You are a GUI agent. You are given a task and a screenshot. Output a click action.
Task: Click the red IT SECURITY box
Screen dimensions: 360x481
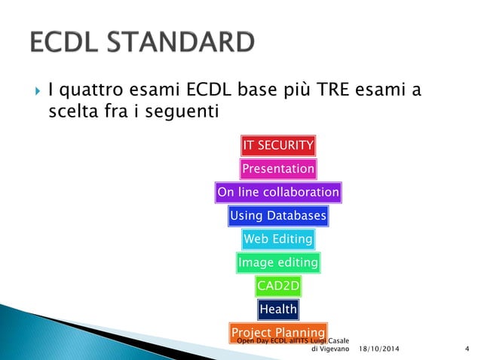point(278,145)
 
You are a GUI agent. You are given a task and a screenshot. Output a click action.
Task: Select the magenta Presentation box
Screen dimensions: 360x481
point(277,169)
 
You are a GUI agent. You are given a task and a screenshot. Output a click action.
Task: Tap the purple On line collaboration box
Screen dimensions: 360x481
point(277,193)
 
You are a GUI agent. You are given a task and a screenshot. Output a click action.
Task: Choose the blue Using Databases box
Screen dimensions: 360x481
point(277,216)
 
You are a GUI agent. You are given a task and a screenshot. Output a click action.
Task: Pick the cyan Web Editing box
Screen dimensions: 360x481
point(277,239)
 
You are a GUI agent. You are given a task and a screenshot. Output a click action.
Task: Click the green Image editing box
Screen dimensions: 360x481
point(277,263)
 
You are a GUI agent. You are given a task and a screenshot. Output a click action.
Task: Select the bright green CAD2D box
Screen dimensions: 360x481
point(277,286)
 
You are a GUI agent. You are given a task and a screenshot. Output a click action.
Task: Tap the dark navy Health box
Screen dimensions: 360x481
point(277,310)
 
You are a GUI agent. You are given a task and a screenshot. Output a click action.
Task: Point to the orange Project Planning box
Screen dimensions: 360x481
point(277,332)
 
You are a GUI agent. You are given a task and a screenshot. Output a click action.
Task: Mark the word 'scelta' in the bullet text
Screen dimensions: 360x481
point(69,112)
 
